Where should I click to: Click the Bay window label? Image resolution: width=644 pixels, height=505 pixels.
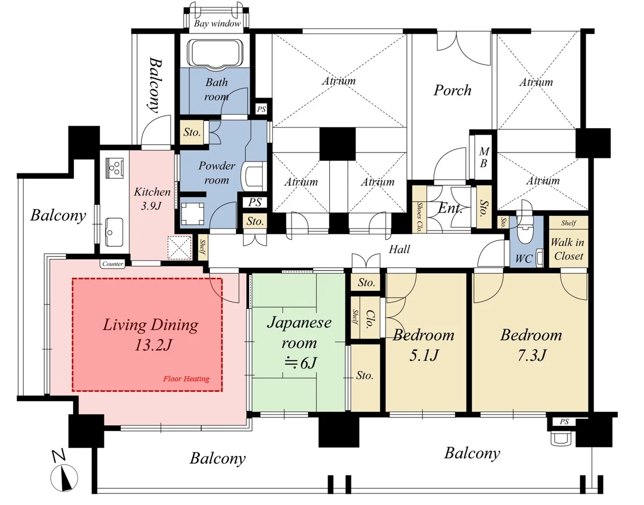(x=217, y=23)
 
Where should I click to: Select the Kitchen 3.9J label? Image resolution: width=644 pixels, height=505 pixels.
(x=152, y=198)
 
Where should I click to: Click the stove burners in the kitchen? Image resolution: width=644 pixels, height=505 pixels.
(x=115, y=168)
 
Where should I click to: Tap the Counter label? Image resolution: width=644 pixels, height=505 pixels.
(x=113, y=264)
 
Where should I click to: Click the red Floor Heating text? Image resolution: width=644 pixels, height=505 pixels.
(x=186, y=379)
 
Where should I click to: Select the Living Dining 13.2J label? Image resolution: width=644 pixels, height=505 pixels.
(x=151, y=334)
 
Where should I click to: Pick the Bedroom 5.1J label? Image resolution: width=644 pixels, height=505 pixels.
(x=424, y=345)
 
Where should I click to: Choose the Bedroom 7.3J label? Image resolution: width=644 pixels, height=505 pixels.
(x=531, y=345)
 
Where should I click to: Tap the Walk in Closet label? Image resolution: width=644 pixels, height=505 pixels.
(x=568, y=249)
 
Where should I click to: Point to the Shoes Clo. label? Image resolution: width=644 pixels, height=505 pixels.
(x=419, y=217)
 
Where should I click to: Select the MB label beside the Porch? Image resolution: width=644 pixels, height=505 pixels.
(x=484, y=157)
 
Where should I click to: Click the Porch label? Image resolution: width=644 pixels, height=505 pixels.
(x=452, y=90)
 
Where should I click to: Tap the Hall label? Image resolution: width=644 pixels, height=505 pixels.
(x=399, y=249)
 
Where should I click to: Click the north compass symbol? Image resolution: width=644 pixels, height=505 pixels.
(x=64, y=478)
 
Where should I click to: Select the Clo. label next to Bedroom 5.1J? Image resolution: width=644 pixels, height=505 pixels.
(x=370, y=319)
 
